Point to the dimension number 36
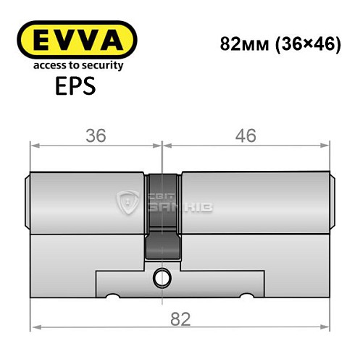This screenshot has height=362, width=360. click(x=94, y=135)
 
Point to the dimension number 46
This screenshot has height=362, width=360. click(x=246, y=135)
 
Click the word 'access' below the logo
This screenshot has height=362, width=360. click(x=42, y=65)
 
